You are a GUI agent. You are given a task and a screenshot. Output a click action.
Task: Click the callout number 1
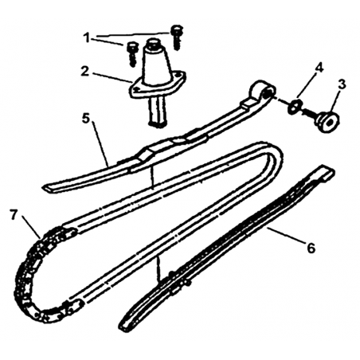87,38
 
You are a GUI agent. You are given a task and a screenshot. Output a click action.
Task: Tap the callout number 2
85,72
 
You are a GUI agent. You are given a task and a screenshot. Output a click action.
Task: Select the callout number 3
342,84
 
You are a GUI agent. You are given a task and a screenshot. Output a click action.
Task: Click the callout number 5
85,119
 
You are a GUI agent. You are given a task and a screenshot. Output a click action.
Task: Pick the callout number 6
311,248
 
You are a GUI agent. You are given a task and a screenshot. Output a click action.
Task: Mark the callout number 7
14,215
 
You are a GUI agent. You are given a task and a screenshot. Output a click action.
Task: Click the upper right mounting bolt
176,37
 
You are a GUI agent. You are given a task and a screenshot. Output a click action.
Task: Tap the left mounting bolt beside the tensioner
131,53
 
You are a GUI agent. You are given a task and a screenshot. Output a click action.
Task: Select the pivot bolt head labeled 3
329,122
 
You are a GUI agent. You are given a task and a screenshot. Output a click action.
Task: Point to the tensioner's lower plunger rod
158,112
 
